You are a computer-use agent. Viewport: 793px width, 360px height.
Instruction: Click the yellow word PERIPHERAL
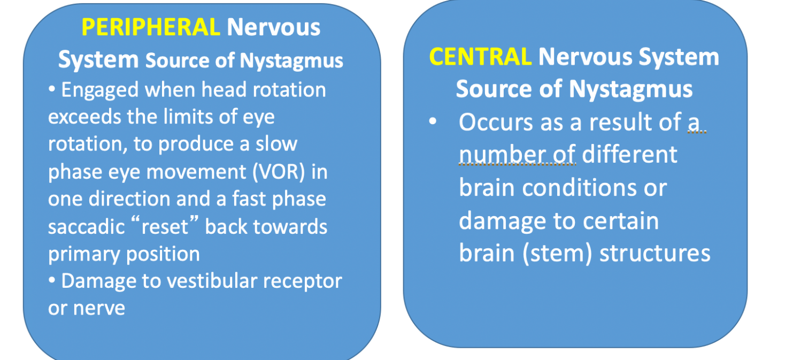(x=151, y=27)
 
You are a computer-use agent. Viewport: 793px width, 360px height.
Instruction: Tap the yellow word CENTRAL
(x=480, y=57)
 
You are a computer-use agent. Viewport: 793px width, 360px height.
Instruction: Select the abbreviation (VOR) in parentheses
(x=279, y=172)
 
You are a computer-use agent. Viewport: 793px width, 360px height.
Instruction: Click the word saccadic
(x=87, y=227)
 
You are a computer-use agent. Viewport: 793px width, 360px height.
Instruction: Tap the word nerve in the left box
(x=99, y=309)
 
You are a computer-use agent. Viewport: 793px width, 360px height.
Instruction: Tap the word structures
(x=655, y=254)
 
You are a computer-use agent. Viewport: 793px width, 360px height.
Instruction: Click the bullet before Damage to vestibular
(x=52, y=280)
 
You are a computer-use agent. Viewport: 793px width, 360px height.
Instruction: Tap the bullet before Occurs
(x=433, y=121)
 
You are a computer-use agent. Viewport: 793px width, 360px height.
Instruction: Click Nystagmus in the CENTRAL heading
(x=630, y=90)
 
